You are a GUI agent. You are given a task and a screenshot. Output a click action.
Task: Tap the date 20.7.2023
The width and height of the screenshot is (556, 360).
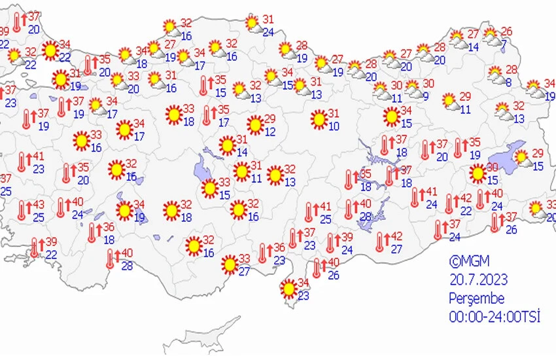[x=478, y=280]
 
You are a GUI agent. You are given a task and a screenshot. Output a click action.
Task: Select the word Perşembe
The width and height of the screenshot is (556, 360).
[x=476, y=298]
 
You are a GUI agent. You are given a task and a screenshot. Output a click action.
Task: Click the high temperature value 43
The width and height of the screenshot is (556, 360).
[x=39, y=205]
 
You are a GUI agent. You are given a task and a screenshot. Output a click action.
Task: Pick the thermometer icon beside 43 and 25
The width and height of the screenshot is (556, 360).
[x=23, y=209]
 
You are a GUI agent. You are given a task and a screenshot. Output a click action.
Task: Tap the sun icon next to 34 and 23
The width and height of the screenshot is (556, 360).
[x=288, y=288]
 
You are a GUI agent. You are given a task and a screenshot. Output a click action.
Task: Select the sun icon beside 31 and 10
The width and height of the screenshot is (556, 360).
[x=319, y=119]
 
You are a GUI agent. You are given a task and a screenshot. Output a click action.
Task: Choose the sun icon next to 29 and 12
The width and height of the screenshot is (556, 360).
[x=255, y=124]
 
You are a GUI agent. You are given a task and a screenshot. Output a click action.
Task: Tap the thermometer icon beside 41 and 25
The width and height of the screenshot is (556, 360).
[x=309, y=212]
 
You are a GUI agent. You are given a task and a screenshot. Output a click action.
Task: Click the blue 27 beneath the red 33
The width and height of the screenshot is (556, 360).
[x=244, y=272]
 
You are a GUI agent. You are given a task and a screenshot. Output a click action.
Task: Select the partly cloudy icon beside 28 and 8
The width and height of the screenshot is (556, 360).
[x=495, y=74]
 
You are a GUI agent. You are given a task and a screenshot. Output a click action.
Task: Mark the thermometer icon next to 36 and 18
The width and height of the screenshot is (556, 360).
[x=92, y=232]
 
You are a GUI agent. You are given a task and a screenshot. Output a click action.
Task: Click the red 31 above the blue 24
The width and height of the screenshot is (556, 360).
[x=268, y=19]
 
